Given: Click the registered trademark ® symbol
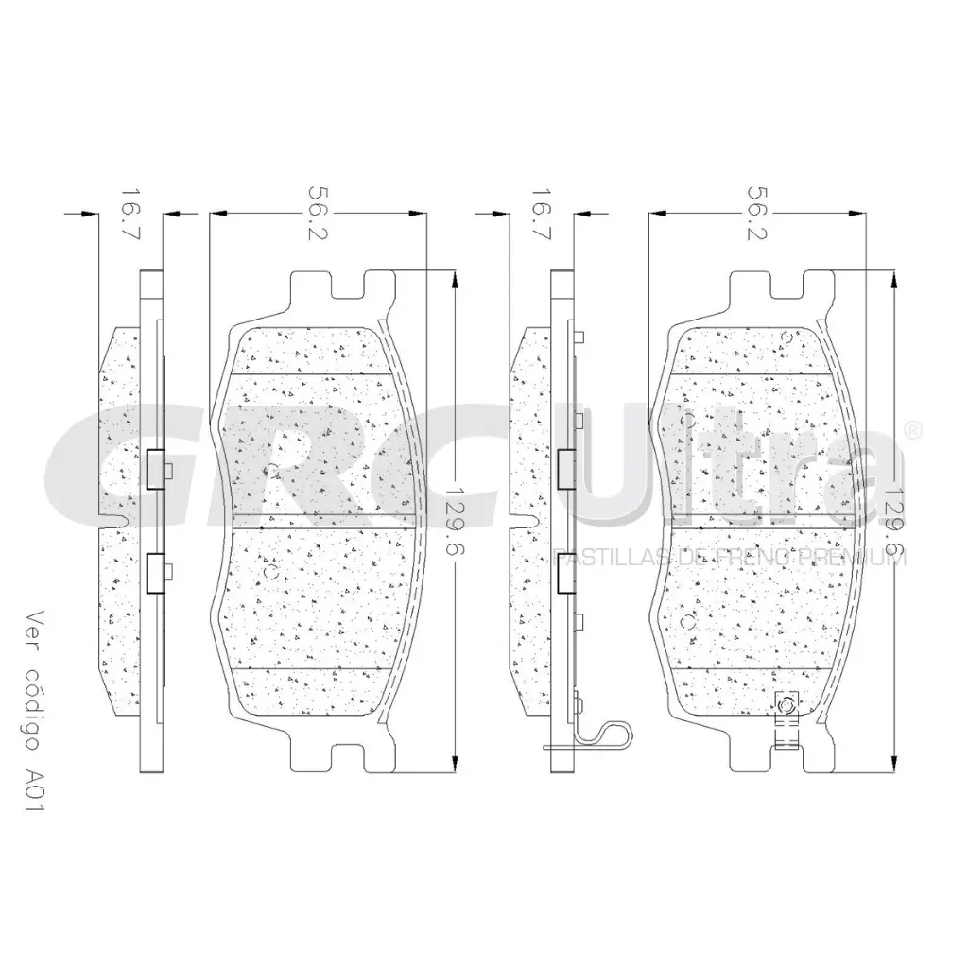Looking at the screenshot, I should (911, 430).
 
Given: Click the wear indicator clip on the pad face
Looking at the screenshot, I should (786, 718).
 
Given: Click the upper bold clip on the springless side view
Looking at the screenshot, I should (157, 467).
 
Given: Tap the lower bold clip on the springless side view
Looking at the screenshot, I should (157, 572).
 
